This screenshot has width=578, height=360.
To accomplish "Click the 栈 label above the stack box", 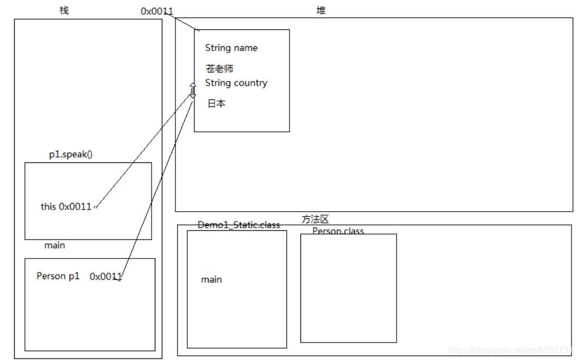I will (64, 10).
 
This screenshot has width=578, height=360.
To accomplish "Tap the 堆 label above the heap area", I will (321, 10).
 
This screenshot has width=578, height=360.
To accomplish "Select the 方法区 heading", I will (316, 219).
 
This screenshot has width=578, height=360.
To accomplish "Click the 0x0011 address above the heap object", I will (157, 11).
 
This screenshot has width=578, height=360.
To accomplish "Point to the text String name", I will (231, 48).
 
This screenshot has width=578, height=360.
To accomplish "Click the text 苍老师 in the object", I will (219, 69).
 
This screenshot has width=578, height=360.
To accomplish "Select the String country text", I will (236, 83).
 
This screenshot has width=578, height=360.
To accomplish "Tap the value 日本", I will (216, 103).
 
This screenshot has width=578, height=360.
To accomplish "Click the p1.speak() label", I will (71, 154).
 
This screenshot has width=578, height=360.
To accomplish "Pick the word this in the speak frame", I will (48, 206).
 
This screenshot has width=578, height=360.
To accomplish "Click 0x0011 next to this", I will (75, 206).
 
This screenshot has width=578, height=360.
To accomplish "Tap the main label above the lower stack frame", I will (55, 245).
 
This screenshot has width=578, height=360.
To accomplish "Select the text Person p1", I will (58, 276).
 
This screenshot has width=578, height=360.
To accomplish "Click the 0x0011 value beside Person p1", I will (106, 276).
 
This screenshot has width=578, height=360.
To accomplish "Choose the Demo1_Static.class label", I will (239, 225).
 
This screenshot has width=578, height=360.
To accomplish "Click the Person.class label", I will (338, 231).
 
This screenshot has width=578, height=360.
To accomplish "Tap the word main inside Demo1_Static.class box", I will (211, 280).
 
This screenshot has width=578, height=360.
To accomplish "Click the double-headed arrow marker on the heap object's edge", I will (192, 90).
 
